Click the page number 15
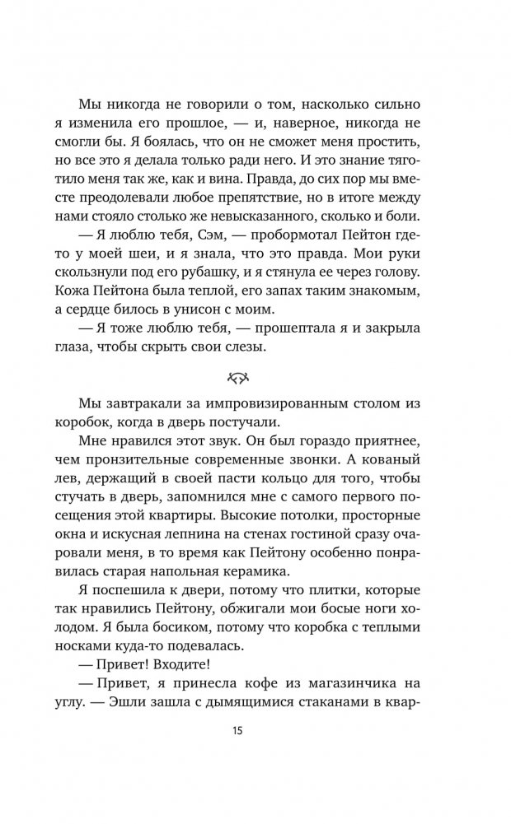[255, 729]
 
